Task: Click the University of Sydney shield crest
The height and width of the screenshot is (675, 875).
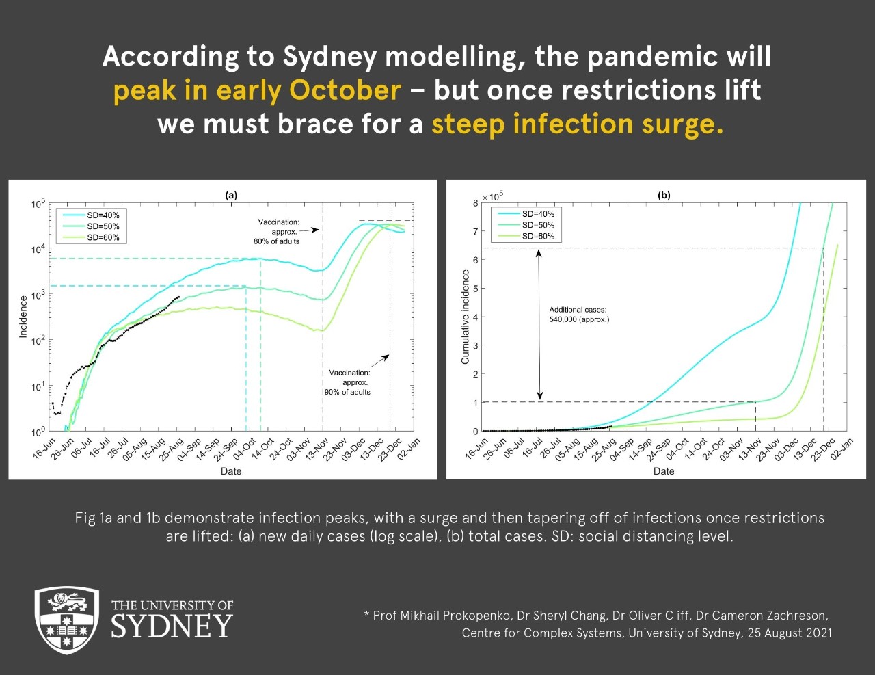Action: pyautogui.click(x=67, y=620)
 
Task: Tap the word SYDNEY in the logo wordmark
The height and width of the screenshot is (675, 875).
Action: pyautogui.click(x=172, y=626)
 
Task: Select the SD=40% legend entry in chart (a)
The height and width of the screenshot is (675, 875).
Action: pyautogui.click(x=91, y=215)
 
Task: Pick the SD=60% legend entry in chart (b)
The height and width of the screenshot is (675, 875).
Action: pyautogui.click(x=526, y=236)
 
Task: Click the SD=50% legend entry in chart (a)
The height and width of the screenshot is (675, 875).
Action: pyautogui.click(x=91, y=226)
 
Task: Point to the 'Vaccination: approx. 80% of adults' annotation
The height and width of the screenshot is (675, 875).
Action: pyautogui.click(x=277, y=232)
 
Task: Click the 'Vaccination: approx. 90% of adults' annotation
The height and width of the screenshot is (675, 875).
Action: pyautogui.click(x=347, y=382)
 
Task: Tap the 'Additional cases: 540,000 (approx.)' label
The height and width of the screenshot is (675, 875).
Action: pyautogui.click(x=579, y=315)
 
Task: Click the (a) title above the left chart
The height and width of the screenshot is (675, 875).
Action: pyautogui.click(x=231, y=196)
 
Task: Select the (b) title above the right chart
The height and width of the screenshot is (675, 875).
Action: pyautogui.click(x=664, y=196)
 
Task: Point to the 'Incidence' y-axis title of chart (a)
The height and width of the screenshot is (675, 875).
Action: pyautogui.click(x=23, y=317)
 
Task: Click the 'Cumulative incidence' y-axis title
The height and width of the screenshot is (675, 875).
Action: pyautogui.click(x=465, y=317)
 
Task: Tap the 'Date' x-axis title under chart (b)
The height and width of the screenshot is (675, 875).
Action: pyautogui.click(x=664, y=471)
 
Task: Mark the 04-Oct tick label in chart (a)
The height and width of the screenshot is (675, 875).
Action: pyautogui.click(x=245, y=448)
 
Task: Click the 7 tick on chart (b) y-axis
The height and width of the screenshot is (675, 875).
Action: pyautogui.click(x=476, y=231)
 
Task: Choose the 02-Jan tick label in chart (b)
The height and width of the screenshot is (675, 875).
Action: pyautogui.click(x=842, y=448)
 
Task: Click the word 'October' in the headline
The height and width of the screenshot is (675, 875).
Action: pyautogui.click(x=345, y=90)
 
